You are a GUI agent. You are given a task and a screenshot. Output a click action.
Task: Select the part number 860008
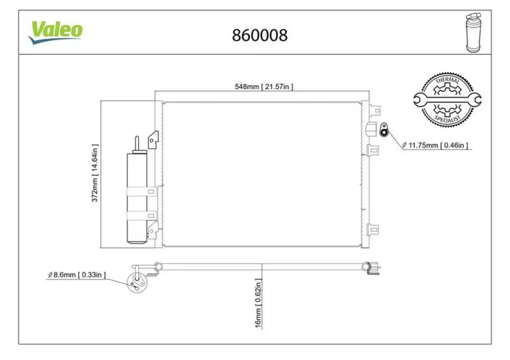(259, 35)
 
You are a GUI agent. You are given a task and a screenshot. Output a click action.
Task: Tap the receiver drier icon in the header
(473, 32)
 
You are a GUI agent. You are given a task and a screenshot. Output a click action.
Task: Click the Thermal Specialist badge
(447, 100)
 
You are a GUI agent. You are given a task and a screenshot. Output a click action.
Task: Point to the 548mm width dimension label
(264, 87)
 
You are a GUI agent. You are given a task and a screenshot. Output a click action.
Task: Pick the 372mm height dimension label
(95, 173)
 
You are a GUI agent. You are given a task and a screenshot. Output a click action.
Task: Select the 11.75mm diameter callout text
(435, 145)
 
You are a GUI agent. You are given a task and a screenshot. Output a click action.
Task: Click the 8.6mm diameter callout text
(77, 275)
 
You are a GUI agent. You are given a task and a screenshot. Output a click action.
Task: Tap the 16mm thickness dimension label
(258, 303)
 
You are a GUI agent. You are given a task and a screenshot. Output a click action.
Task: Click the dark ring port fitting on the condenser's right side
(384, 130)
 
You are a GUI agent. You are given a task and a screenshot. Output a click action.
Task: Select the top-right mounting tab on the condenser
(375, 111)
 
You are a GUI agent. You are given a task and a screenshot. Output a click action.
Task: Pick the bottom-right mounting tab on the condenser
(373, 230)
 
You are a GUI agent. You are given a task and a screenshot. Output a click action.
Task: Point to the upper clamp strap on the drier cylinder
(142, 192)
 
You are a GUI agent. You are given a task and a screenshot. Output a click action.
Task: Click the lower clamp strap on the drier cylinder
(142, 216)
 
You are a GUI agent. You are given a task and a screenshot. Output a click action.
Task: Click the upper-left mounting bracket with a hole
(153, 140)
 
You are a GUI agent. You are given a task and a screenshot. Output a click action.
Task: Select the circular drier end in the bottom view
(136, 283)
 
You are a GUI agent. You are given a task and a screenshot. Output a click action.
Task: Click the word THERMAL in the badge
(448, 80)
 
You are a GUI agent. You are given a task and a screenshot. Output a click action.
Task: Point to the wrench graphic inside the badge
(447, 100)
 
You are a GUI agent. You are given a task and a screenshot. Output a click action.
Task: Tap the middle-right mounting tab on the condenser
(373, 150)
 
